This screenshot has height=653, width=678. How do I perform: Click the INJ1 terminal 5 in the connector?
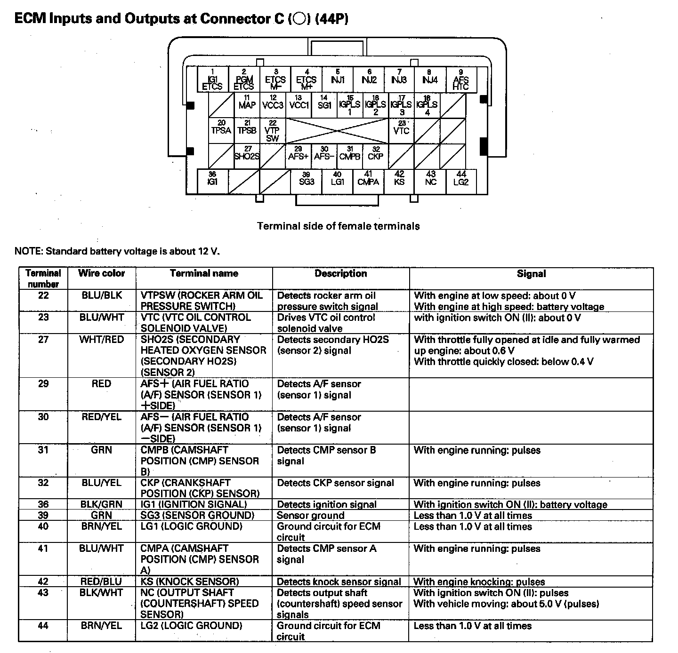coord(338,79)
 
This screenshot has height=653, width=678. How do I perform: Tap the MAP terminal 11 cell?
coord(247,104)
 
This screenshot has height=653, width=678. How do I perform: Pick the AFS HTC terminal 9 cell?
coord(460,80)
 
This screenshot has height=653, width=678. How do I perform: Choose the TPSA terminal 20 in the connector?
coord(221,129)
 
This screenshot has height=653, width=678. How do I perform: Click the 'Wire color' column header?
coord(101,273)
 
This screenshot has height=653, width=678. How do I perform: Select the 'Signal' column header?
coord(531,274)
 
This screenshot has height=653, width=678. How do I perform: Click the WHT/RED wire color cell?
coord(101,340)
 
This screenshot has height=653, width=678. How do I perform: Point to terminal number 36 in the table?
coord(43,504)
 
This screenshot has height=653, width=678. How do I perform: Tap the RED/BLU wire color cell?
coord(101,582)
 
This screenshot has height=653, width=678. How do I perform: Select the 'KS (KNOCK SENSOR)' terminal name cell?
coord(190,582)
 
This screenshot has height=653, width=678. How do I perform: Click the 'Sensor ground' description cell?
coord(311,516)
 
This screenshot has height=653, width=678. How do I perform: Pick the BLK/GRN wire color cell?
coord(101,504)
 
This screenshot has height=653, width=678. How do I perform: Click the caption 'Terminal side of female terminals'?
coord(338,226)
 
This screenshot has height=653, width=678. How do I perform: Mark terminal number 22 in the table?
coord(43,295)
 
